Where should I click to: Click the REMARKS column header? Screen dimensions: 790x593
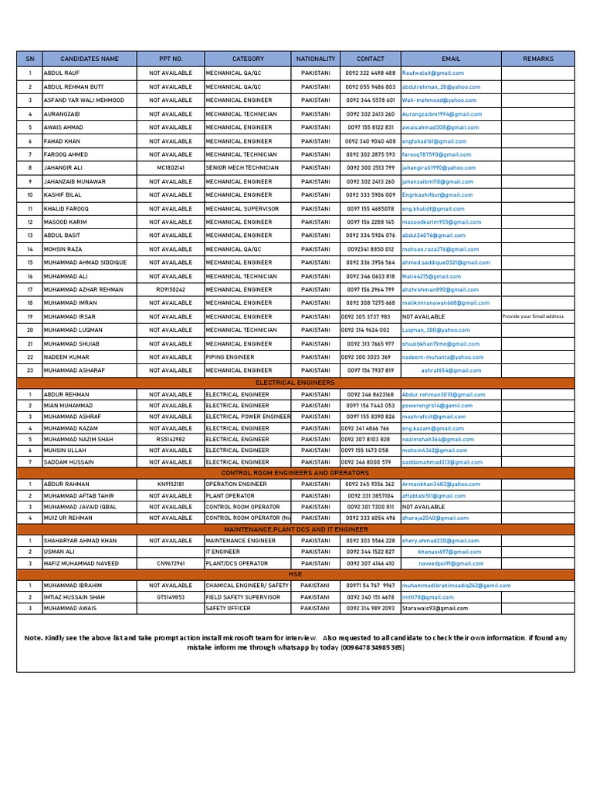click(x=538, y=59)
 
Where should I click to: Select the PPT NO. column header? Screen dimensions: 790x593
click(x=171, y=59)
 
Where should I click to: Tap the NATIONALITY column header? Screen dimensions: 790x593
click(x=315, y=59)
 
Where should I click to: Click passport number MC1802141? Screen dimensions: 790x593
click(x=171, y=167)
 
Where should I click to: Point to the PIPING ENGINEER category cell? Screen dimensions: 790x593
click(x=229, y=357)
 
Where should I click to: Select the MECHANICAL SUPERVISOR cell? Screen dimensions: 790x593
click(x=242, y=208)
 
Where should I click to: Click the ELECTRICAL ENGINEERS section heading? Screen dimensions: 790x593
click(x=300, y=383)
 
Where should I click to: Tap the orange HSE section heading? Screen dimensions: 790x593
click(x=296, y=575)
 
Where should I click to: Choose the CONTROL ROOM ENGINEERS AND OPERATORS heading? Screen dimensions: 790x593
click(x=296, y=473)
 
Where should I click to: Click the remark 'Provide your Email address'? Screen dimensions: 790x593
click(x=534, y=316)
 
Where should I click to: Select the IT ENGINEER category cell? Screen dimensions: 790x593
click(x=223, y=552)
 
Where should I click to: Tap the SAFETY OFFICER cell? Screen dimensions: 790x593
click(x=228, y=608)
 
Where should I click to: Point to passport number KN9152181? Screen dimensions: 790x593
click(x=171, y=484)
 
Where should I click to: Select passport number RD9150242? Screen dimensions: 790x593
click(x=171, y=289)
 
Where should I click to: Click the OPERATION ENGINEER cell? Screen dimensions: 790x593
click(x=236, y=484)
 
